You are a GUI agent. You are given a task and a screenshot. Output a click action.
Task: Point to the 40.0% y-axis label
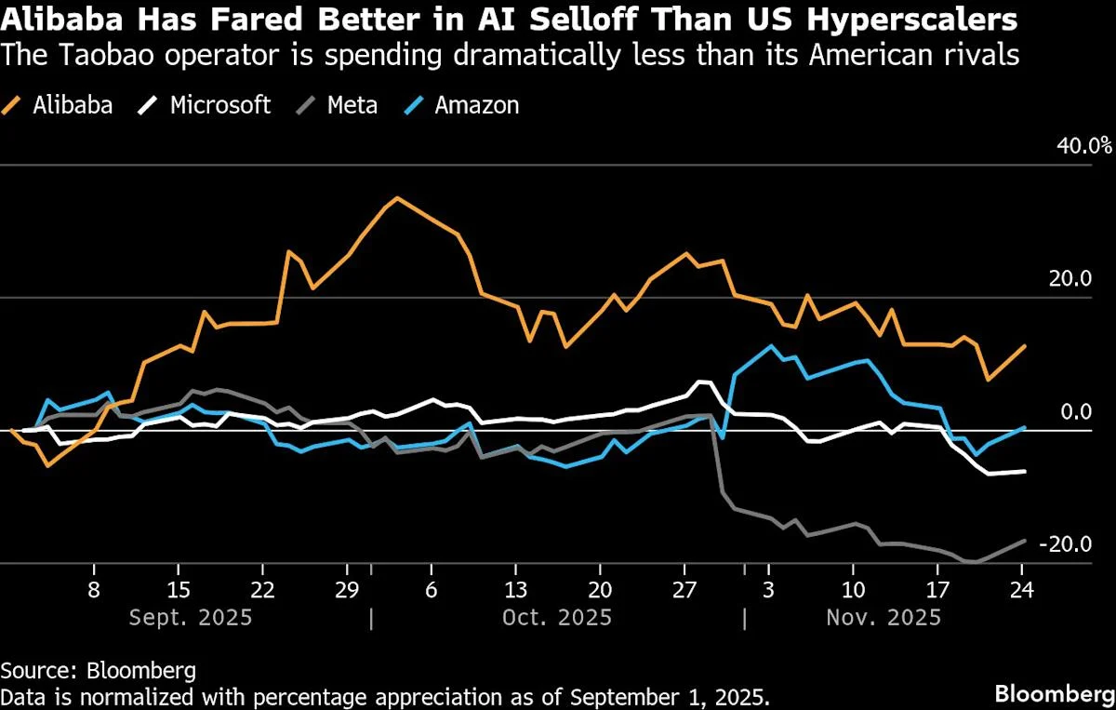point(1082,146)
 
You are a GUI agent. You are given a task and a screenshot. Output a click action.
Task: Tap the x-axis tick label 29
point(347,590)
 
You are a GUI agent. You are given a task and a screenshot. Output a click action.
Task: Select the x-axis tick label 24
point(1022,590)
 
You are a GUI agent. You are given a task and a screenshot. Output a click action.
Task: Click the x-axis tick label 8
point(94,590)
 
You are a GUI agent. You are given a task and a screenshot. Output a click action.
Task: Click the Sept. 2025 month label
point(191,617)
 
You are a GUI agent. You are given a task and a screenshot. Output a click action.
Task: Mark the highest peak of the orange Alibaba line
point(397,197)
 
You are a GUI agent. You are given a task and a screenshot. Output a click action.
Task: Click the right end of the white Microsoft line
point(1024,471)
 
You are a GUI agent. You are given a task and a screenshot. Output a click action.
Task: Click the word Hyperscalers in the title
point(911,20)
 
